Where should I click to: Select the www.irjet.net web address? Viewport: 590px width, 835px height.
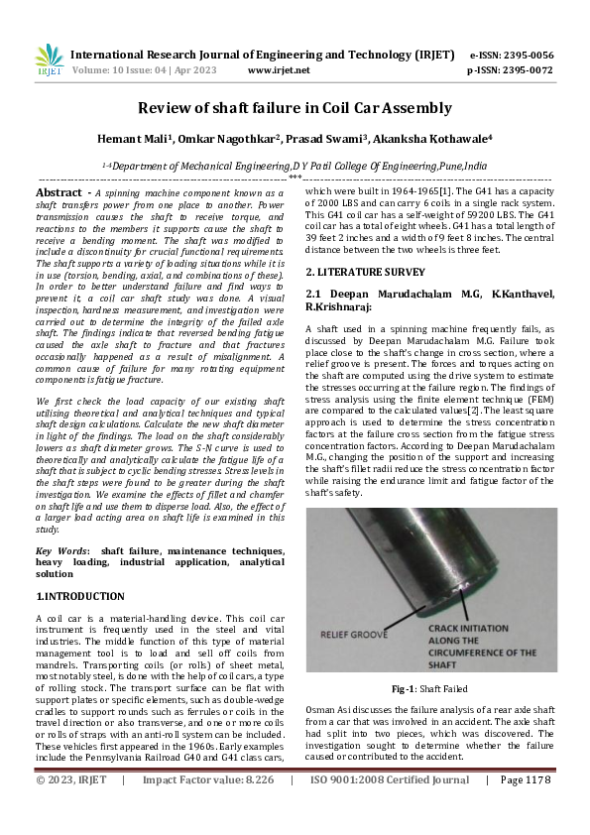coord(279,70)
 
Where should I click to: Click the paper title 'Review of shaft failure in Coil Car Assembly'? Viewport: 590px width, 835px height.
coord(295,108)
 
